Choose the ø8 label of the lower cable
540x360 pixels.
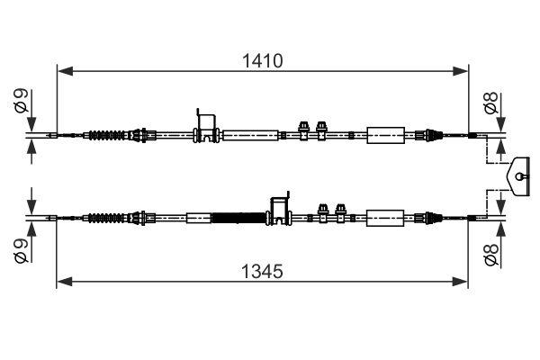[x=492, y=255]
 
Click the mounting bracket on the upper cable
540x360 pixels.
[x=206, y=127]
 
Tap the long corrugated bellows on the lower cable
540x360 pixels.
[x=239, y=217]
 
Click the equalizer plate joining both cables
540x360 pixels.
[x=519, y=175]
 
